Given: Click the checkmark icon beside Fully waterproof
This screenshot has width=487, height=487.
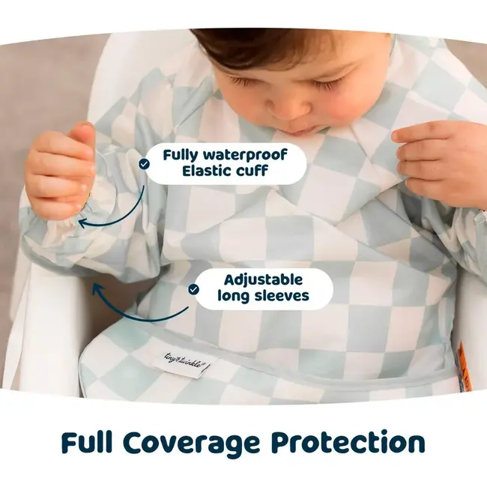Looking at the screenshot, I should pos(144,162).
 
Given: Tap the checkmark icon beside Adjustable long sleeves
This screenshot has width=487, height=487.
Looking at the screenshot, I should pos(193,288).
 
